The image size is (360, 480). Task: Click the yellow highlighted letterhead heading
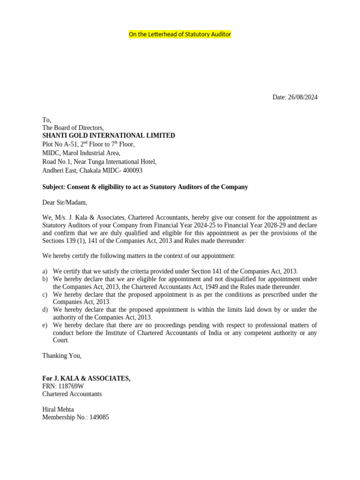180,35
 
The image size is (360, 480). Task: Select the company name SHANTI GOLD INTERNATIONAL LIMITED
109,135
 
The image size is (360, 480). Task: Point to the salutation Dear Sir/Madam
65,202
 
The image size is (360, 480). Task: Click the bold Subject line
145,187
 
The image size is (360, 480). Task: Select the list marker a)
45,271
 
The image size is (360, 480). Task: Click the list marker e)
45,325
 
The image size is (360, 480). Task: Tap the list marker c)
45,294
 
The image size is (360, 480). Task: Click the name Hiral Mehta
58,409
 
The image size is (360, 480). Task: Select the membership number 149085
98,417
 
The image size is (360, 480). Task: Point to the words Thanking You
62,355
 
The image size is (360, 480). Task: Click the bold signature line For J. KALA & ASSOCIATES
86,378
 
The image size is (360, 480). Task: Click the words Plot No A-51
60,144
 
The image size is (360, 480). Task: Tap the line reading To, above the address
46,120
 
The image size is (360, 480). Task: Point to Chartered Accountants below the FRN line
72,394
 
